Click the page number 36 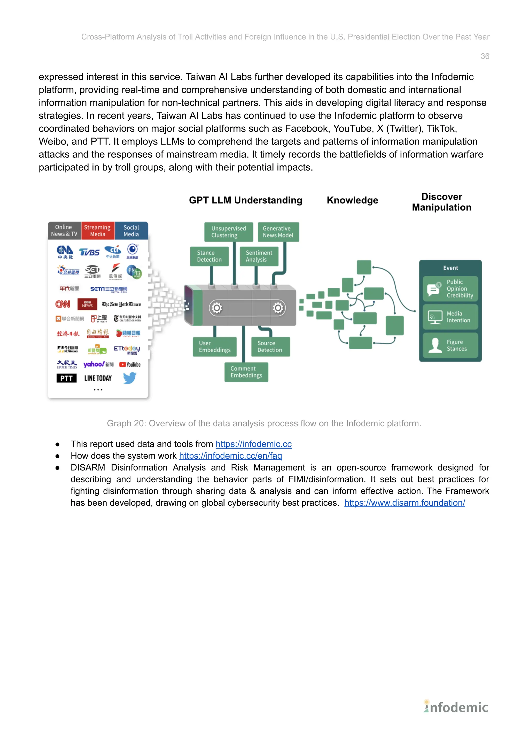click(x=484, y=56)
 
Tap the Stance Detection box click(x=209, y=256)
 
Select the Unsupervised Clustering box click(x=228, y=232)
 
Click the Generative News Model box click(x=278, y=232)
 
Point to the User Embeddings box click(x=214, y=347)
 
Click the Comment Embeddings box click(x=246, y=372)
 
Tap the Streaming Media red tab click(x=97, y=231)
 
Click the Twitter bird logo click(x=130, y=378)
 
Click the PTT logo click(x=66, y=378)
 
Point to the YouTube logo click(x=130, y=365)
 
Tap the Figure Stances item click(x=450, y=345)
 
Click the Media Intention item click(x=450, y=317)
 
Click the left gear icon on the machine click(x=217, y=307)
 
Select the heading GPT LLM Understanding click(x=246, y=200)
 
